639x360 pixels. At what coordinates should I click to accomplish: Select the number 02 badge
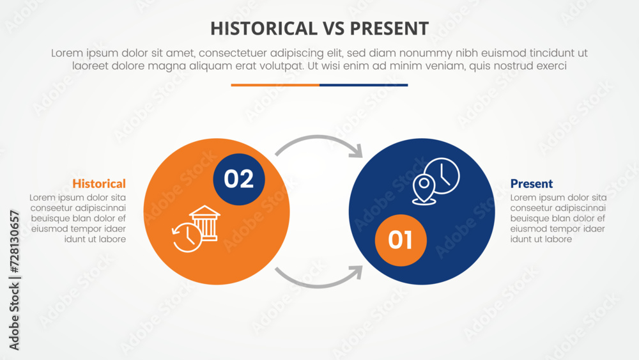(238, 180)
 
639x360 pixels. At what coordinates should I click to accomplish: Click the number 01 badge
(400, 240)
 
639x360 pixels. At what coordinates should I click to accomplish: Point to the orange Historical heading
(99, 184)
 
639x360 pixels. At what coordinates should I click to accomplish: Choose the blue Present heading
(532, 184)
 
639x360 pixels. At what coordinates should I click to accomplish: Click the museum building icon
(204, 223)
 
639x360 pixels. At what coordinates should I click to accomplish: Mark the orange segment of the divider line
(275, 84)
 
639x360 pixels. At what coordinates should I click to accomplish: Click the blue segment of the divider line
(364, 84)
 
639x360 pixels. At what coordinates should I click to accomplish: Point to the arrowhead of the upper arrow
(355, 152)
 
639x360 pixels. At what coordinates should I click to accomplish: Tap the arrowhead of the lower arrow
(355, 272)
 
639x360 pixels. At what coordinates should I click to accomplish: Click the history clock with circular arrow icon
(186, 237)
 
